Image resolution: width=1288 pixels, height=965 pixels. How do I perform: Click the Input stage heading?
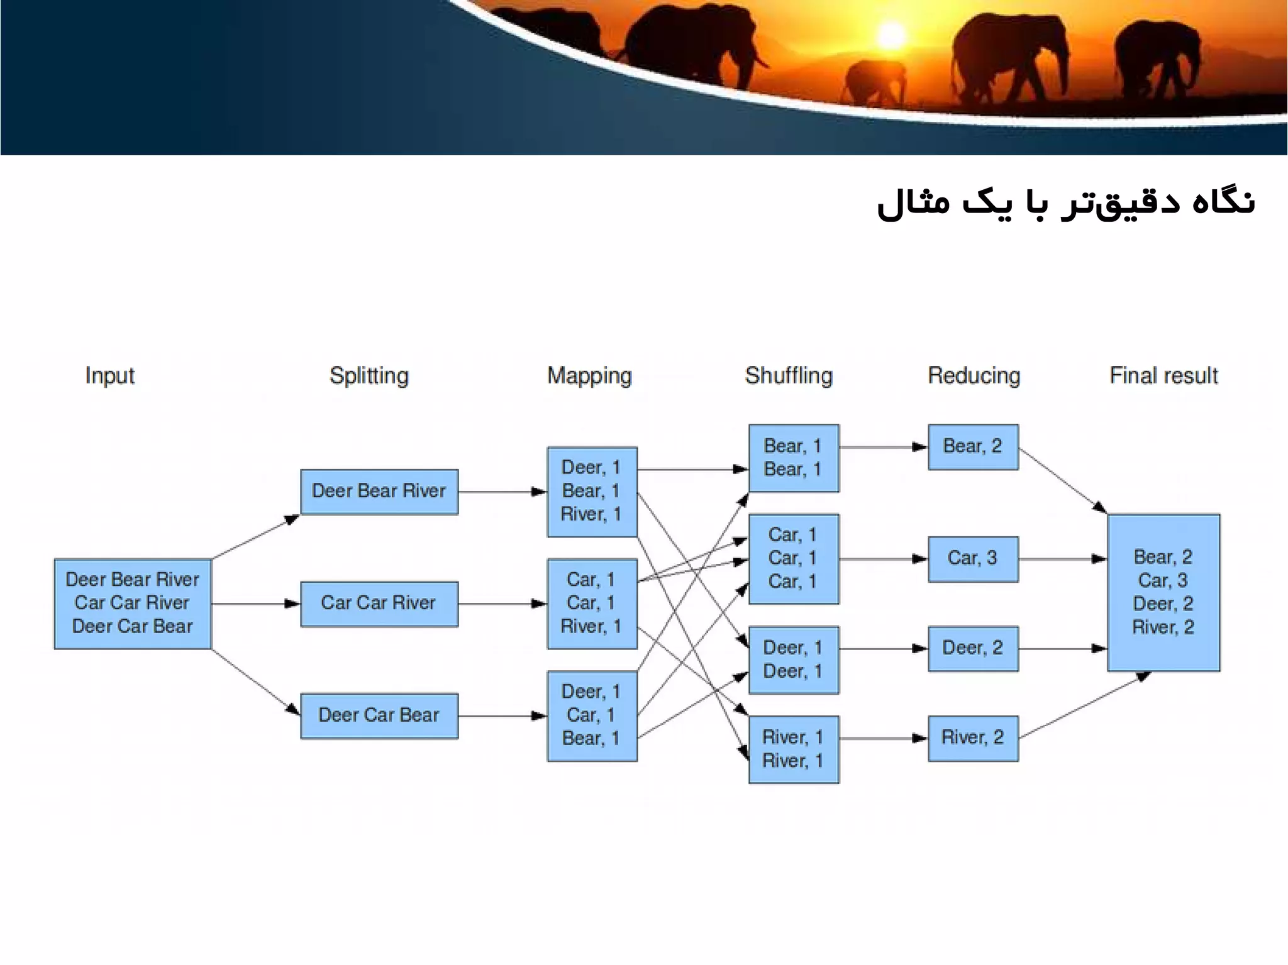(x=109, y=375)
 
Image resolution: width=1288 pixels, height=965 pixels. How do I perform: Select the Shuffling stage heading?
(x=789, y=375)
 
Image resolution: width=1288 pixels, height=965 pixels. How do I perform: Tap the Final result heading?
(x=1163, y=375)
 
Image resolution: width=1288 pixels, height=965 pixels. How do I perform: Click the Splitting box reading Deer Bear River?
(x=379, y=492)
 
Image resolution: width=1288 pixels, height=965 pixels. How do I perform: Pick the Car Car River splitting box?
(x=379, y=604)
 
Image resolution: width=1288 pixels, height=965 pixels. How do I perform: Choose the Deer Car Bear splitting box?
(x=379, y=715)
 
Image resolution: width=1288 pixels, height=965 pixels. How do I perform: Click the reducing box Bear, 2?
(x=973, y=447)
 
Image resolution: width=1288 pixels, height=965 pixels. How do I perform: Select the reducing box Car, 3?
(x=973, y=559)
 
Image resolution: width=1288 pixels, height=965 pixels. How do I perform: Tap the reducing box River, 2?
(x=973, y=738)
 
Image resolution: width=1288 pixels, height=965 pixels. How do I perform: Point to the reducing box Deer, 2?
(x=973, y=649)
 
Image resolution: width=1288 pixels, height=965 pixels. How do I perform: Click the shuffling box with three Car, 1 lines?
(x=793, y=559)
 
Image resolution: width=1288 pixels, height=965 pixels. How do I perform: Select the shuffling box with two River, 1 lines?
(x=793, y=749)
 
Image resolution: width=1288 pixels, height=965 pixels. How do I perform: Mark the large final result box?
(x=1163, y=592)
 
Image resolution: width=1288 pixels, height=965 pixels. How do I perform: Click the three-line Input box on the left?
(x=133, y=604)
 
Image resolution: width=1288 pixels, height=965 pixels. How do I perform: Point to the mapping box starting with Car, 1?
(x=592, y=604)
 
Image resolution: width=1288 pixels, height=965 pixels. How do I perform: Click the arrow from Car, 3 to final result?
(x=1063, y=559)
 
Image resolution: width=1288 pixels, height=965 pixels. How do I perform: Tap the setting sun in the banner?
(x=891, y=36)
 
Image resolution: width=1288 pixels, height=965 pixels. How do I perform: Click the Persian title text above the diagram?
(x=1065, y=203)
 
